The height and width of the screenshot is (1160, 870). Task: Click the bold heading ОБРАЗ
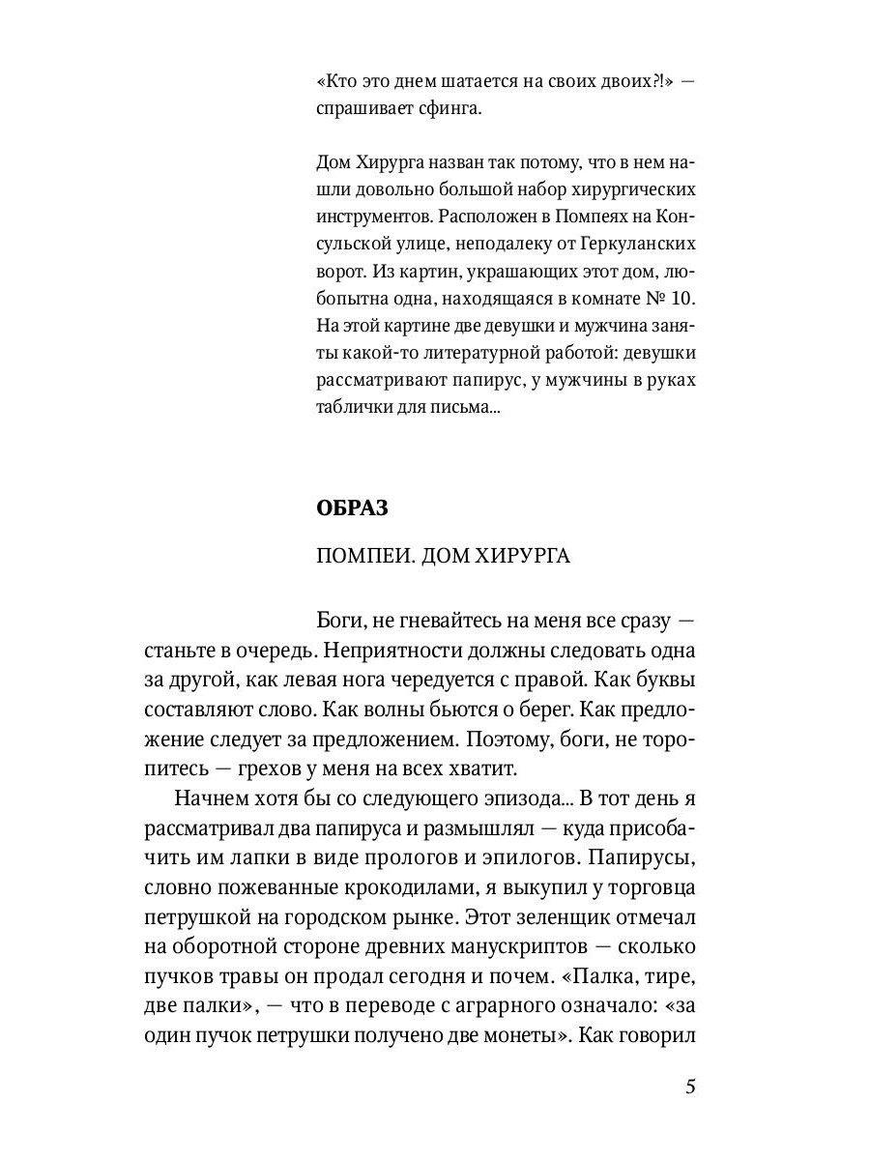tap(352, 508)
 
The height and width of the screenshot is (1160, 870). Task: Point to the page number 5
tap(690, 1087)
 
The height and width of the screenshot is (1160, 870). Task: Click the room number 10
tap(676, 320)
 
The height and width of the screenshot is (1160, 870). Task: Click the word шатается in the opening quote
tap(468, 82)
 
